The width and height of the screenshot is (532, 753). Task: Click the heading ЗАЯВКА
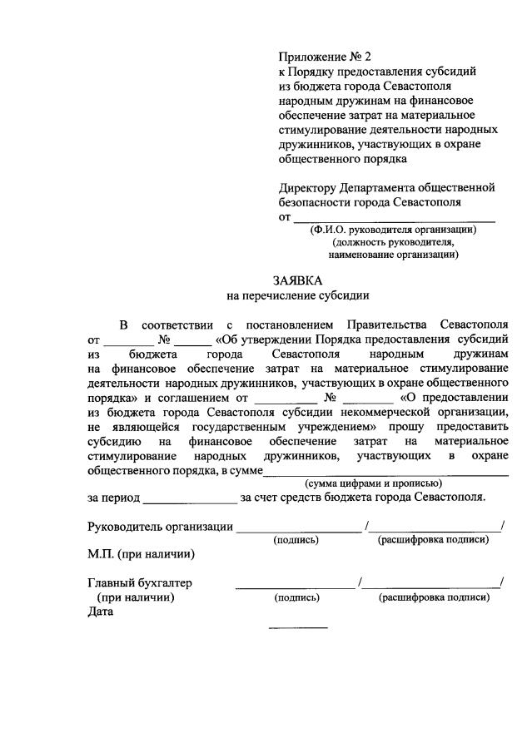(297, 280)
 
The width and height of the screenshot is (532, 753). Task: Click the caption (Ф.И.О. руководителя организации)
(392, 230)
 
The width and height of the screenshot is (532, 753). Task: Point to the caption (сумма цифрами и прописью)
(373, 483)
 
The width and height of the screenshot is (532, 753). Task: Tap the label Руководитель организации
(159, 526)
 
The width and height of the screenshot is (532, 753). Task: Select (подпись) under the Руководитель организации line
(296, 540)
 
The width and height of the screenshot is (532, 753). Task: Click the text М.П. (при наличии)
(141, 553)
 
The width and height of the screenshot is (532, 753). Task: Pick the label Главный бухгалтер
(139, 582)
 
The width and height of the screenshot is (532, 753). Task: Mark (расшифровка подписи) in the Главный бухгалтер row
(433, 597)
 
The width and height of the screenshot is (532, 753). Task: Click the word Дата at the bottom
(100, 612)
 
